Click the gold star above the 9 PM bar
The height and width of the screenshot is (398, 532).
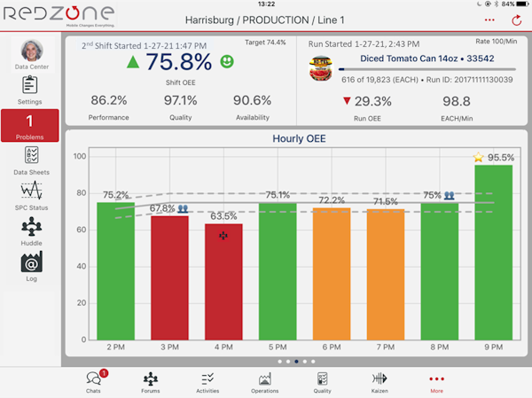[x=479, y=157]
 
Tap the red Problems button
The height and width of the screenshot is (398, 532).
[x=31, y=126]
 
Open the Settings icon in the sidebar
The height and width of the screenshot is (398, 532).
[x=31, y=90]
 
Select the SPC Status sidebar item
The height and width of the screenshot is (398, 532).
[x=31, y=195]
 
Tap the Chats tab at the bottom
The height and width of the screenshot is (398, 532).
[x=94, y=381]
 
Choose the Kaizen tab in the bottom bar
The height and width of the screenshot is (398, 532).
[x=379, y=381]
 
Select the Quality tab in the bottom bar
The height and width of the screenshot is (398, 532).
[x=322, y=381]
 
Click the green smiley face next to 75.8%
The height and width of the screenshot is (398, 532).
[x=228, y=62]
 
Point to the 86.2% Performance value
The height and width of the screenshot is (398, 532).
[x=109, y=101]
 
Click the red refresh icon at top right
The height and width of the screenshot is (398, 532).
[x=517, y=20]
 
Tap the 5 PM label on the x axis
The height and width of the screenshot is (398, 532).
[x=277, y=347]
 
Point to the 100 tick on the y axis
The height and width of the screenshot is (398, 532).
[x=80, y=157]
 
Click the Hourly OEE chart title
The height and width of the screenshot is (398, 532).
[x=295, y=139]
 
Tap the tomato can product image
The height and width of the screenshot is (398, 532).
[x=320, y=66]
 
